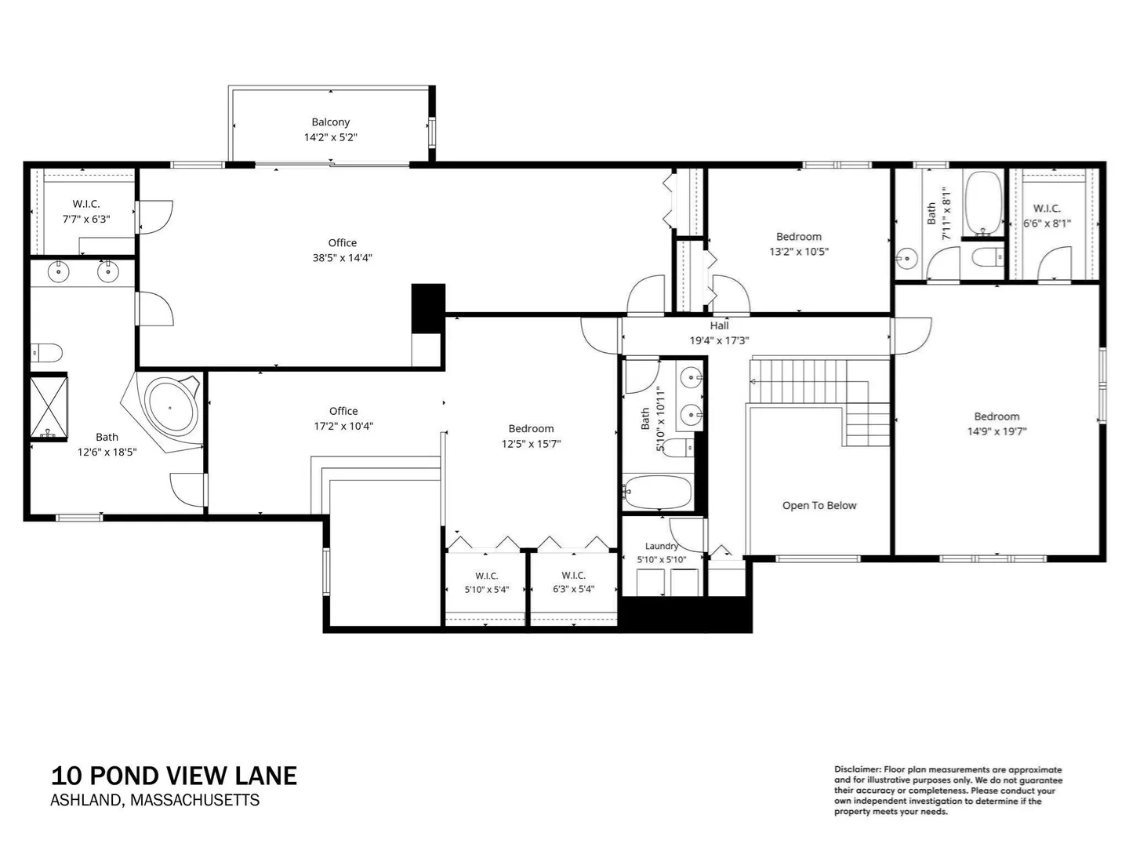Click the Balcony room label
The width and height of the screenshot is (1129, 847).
(330, 122)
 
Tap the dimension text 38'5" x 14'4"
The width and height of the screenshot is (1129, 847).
(342, 258)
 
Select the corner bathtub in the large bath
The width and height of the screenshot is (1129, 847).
(171, 408)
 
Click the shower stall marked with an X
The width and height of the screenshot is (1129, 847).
(49, 408)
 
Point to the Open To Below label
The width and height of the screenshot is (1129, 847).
(819, 506)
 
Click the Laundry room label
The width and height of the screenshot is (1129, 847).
(661, 546)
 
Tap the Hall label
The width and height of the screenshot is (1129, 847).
(719, 325)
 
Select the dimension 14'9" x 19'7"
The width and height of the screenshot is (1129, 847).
(996, 431)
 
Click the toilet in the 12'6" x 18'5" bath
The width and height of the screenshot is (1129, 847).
(46, 353)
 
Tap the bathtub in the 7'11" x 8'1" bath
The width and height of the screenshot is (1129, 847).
(983, 203)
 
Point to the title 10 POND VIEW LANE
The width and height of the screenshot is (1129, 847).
(174, 776)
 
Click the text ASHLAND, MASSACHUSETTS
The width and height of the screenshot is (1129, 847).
(154, 800)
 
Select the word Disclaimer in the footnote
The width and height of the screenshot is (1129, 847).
(858, 770)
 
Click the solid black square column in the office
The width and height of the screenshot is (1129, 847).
(428, 308)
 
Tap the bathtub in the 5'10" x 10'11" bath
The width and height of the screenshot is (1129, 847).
(657, 492)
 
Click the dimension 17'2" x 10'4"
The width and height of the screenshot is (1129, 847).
(343, 426)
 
